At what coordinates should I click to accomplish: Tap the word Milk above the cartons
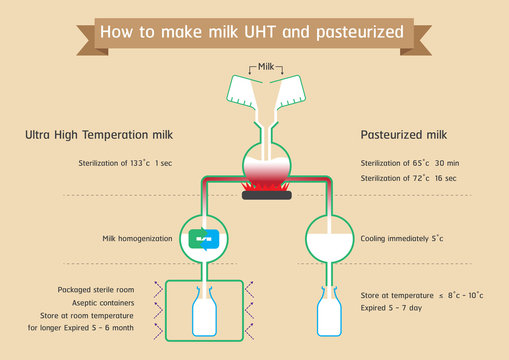265,66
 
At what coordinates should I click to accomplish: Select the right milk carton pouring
295,92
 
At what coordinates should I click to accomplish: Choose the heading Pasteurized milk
403,133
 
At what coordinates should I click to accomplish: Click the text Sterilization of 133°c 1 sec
132,161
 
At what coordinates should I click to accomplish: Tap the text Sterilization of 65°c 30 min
410,161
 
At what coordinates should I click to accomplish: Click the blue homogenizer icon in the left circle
203,239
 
